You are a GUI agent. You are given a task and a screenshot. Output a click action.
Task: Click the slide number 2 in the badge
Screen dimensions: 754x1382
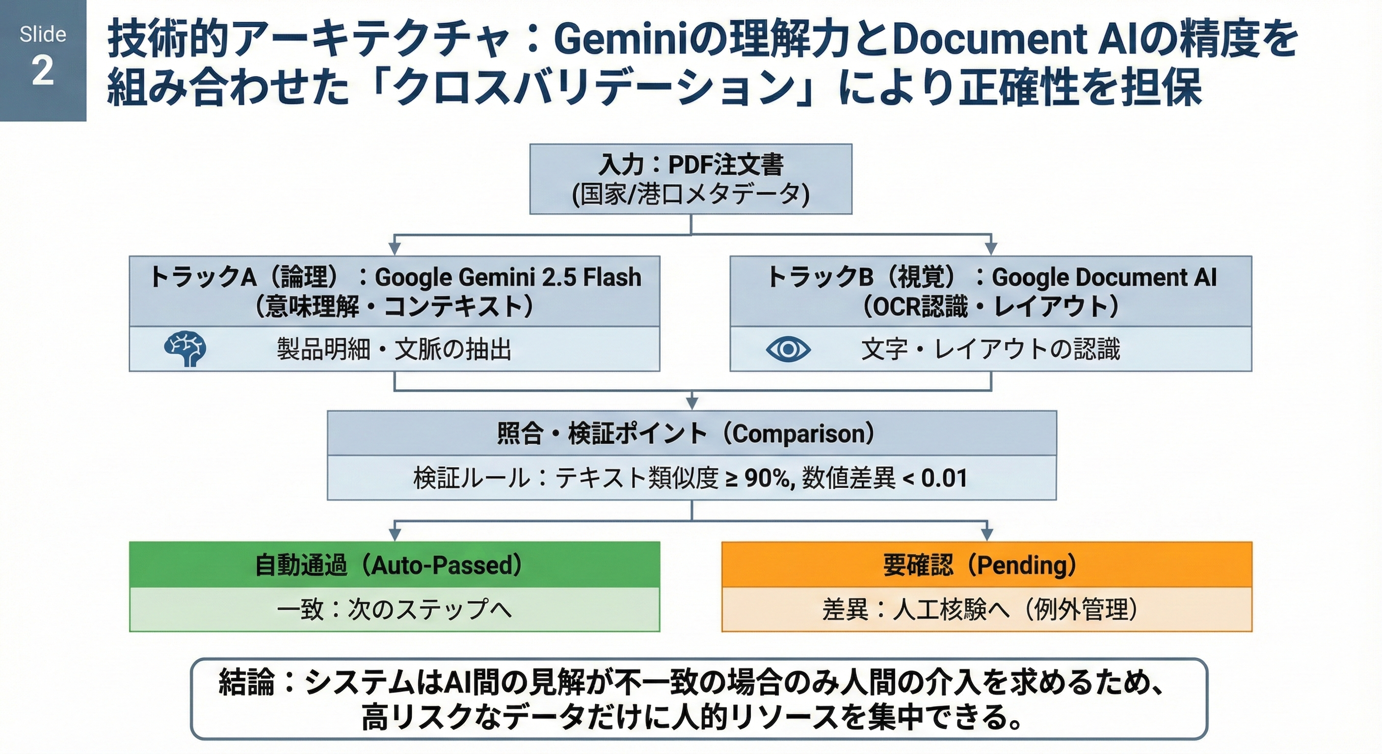[42, 71]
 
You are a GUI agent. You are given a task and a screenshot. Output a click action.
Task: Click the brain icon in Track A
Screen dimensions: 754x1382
[185, 349]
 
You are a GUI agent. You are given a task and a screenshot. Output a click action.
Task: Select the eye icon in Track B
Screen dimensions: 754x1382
[788, 350]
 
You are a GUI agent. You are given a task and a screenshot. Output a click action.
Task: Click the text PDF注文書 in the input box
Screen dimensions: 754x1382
[726, 165]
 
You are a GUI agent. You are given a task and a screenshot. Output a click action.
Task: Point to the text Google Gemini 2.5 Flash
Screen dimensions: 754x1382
[507, 277]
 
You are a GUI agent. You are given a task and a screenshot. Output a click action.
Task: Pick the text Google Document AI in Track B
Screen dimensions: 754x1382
[1104, 277]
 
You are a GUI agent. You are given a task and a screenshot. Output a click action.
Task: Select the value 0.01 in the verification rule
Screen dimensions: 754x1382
[944, 478]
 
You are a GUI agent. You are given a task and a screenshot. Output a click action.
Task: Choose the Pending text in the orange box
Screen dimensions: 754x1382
[1026, 565]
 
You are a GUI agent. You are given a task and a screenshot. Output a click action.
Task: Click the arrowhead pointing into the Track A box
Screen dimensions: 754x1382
[395, 248]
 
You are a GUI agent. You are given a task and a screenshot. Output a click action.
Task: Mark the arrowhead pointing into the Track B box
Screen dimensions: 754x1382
[991, 248]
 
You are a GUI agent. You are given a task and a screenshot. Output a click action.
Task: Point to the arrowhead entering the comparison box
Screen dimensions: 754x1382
[692, 404]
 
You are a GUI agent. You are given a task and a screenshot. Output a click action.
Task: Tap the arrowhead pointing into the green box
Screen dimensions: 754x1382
[395, 535]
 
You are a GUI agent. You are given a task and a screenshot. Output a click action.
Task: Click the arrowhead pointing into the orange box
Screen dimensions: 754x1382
[986, 535]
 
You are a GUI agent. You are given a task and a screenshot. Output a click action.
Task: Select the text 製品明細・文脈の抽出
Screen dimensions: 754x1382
[394, 350]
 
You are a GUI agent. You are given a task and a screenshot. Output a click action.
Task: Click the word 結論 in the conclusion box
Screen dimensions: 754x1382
[247, 683]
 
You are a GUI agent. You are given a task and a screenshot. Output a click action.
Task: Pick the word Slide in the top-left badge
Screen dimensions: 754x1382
[43, 35]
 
